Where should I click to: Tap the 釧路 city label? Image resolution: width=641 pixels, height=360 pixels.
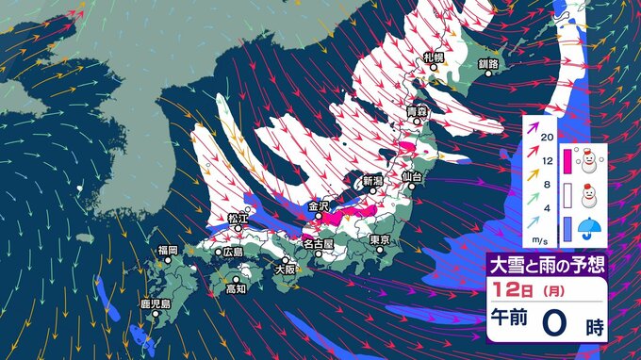pos(488,64)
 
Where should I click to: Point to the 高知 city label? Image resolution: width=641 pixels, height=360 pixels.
pos(236,289)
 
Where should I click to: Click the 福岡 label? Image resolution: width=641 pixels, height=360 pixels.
pos(168,250)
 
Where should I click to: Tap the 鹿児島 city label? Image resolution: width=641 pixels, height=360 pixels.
pos(155,304)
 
